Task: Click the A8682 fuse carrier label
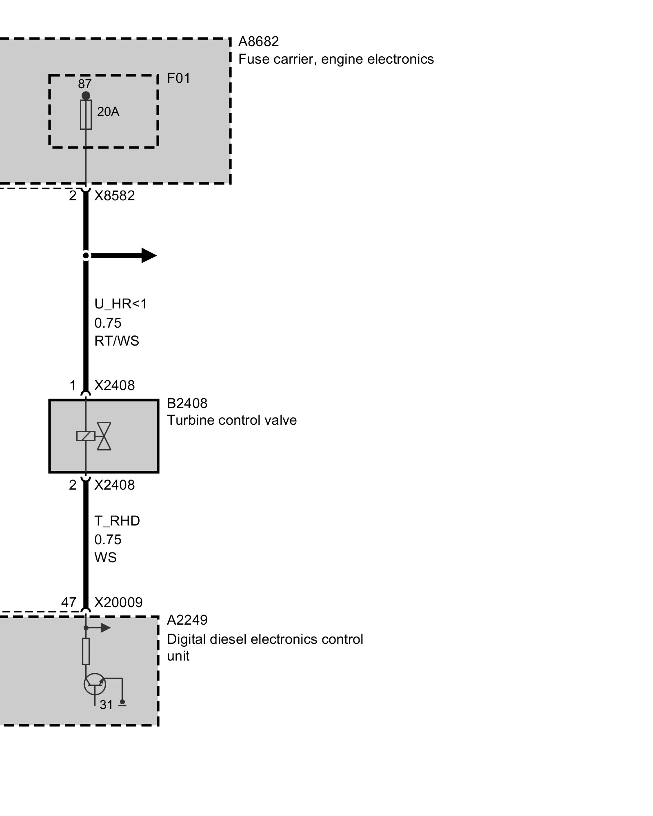pyautogui.click(x=258, y=42)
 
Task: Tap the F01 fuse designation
pyautogui.click(x=178, y=78)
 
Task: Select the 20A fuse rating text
pyautogui.click(x=108, y=111)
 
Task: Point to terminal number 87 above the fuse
pyautogui.click(x=84, y=84)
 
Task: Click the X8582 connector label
pyautogui.click(x=114, y=196)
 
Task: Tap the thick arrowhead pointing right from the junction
pyautogui.click(x=149, y=255)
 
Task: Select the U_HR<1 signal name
pyautogui.click(x=120, y=304)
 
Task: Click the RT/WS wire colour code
pyautogui.click(x=117, y=341)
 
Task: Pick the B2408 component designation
pyautogui.click(x=187, y=403)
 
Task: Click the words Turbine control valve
pyautogui.click(x=232, y=420)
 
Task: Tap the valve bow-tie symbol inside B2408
pyautogui.click(x=104, y=436)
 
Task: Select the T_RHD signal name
pyautogui.click(x=117, y=521)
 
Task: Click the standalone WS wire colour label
pyautogui.click(x=105, y=557)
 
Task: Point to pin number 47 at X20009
pyautogui.click(x=69, y=602)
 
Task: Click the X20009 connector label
pyautogui.click(x=118, y=602)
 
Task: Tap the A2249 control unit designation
pyautogui.click(x=187, y=620)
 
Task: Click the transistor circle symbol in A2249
pyautogui.click(x=95, y=684)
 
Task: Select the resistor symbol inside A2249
pyautogui.click(x=86, y=651)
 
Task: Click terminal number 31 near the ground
pyautogui.click(x=106, y=705)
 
